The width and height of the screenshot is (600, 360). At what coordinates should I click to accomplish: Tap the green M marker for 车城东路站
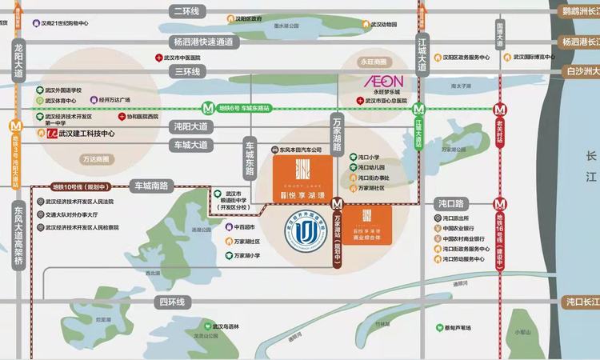pos(207,107)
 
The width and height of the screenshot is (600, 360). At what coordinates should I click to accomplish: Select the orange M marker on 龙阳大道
pos(15,126)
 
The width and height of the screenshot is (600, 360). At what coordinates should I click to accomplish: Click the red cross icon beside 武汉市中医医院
pos(158,58)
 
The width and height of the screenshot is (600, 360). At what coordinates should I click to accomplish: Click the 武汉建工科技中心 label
pos(81,134)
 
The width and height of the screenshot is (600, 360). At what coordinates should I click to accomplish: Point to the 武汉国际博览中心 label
pos(532,58)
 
